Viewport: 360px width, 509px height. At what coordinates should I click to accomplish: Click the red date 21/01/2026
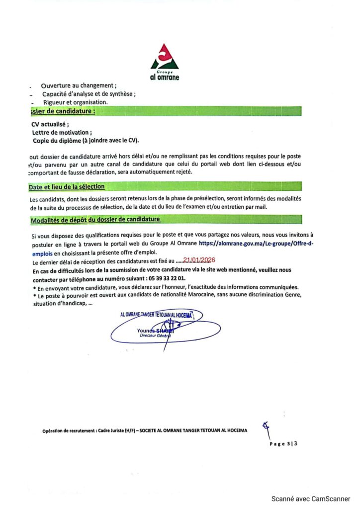click(x=199, y=259)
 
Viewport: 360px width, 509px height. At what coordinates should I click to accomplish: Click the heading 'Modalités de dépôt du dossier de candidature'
click(x=95, y=219)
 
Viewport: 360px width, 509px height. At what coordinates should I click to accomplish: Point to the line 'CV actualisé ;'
click(x=50, y=124)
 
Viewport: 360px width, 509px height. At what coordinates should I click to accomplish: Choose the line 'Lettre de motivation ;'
click(x=62, y=132)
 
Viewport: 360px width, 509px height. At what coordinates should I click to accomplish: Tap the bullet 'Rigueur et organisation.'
click(x=75, y=102)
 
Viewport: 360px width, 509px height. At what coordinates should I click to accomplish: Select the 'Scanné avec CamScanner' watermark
click(x=310, y=499)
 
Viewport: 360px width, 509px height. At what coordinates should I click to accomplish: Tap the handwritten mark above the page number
click(x=268, y=427)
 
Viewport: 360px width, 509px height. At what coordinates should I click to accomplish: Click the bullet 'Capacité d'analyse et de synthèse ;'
click(x=89, y=93)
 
